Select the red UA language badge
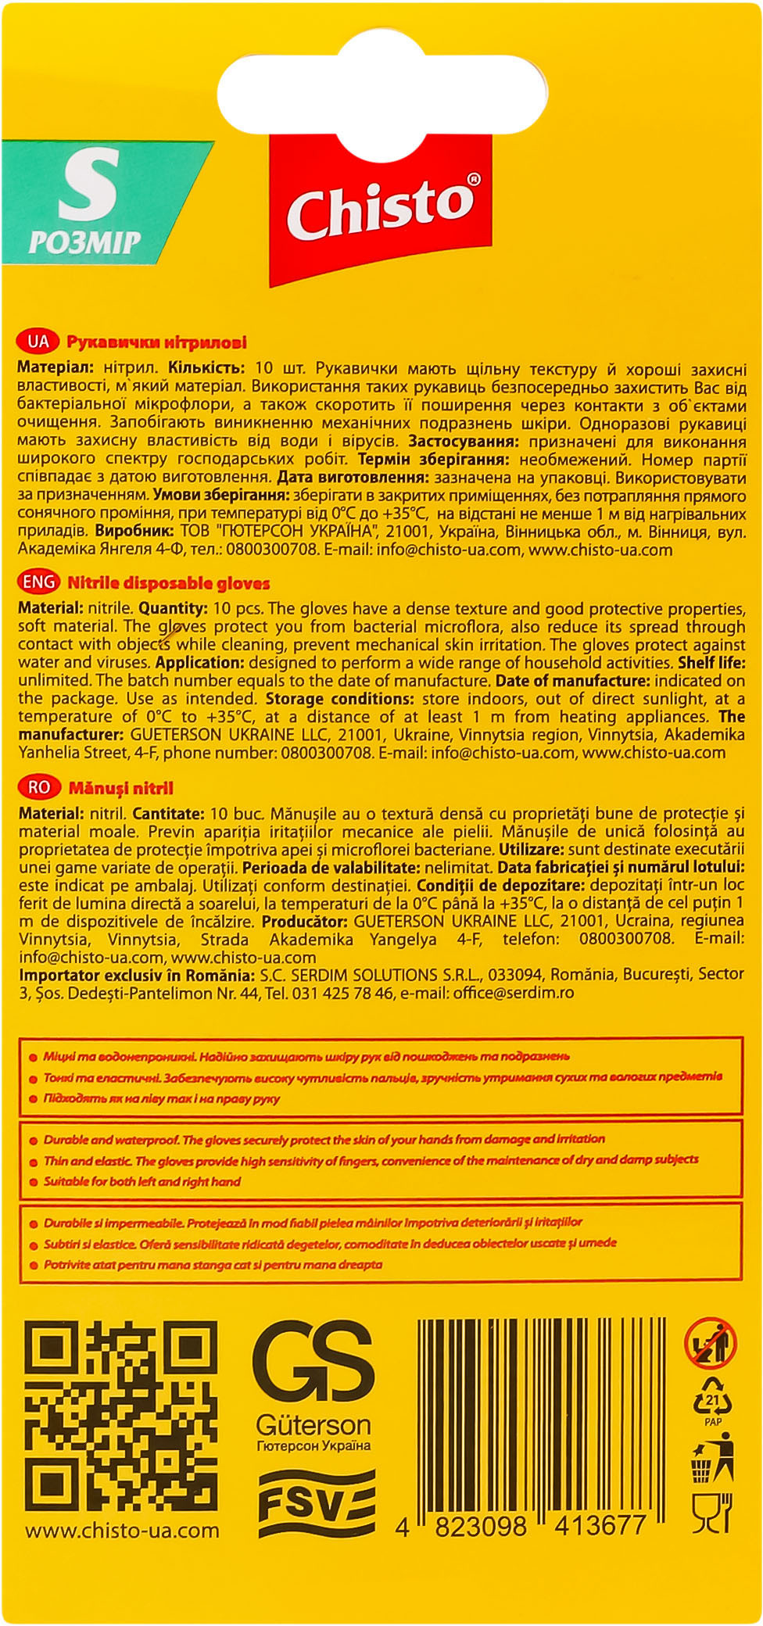(38, 342)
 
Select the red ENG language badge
(39, 582)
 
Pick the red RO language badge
(38, 788)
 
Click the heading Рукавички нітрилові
(156, 342)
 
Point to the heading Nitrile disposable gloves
(168, 583)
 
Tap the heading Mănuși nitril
(121, 789)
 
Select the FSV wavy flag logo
(317, 1503)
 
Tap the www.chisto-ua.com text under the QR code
(122, 1531)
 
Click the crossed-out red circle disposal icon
(711, 1345)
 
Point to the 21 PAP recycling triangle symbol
(712, 1403)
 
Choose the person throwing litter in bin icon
(712, 1458)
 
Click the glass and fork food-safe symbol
(711, 1513)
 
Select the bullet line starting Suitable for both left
(141, 1182)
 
